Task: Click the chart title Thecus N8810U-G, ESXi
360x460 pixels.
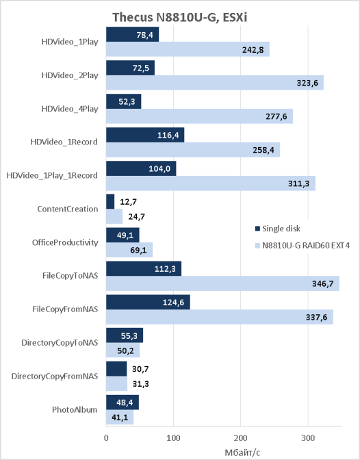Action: (x=179, y=17)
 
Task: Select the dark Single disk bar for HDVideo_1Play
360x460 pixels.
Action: (x=132, y=34)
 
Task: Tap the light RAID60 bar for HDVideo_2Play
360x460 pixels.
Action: (x=215, y=83)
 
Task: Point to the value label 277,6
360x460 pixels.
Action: (x=277, y=117)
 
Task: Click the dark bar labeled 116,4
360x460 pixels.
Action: (x=145, y=135)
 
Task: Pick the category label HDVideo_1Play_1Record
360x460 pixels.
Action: (x=52, y=175)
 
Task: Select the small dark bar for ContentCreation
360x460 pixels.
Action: (x=110, y=201)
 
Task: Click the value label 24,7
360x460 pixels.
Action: (x=136, y=217)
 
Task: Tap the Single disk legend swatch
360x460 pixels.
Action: (x=257, y=229)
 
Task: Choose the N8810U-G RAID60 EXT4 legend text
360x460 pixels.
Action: (x=306, y=245)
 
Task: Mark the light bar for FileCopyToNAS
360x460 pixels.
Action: (x=222, y=283)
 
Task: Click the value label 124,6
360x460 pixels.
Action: (x=173, y=303)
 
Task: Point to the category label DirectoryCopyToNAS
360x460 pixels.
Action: (x=60, y=343)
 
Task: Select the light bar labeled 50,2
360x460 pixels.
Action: (x=123, y=350)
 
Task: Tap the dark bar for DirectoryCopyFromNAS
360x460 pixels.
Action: (x=116, y=369)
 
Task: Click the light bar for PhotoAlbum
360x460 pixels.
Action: (x=120, y=417)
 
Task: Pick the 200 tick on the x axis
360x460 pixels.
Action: (x=241, y=438)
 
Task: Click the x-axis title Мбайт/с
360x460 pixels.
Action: (x=242, y=452)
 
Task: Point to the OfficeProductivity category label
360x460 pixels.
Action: (x=65, y=242)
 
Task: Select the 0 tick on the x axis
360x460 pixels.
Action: (x=106, y=438)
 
